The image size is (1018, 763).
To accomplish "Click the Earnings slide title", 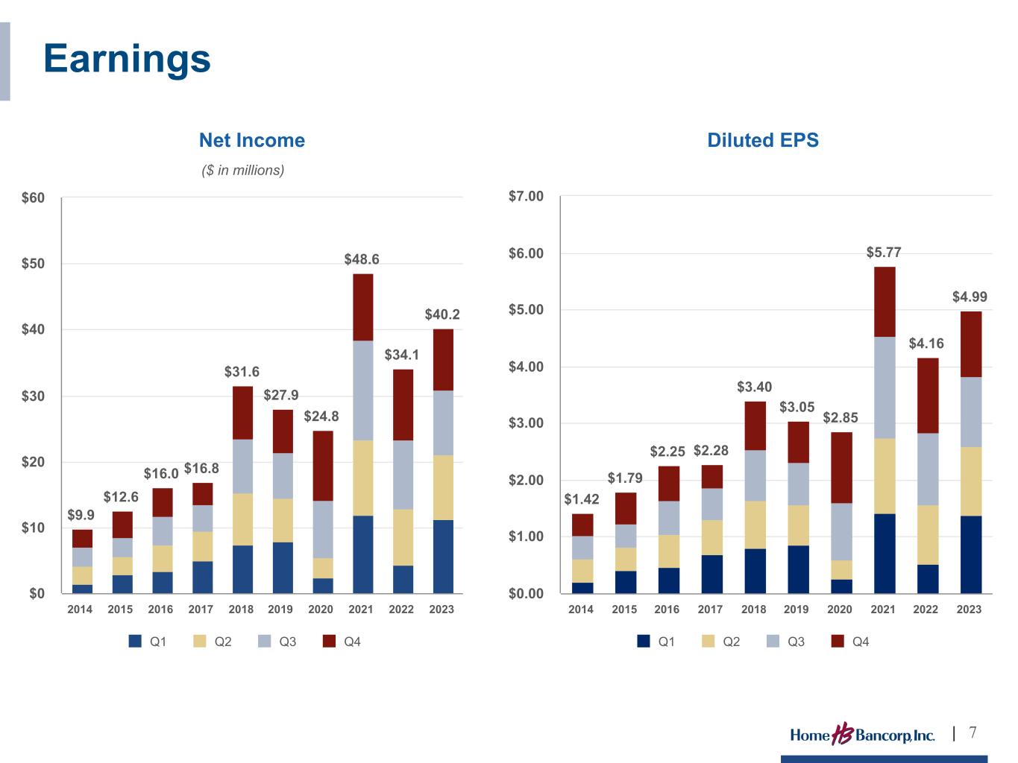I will coord(127,59).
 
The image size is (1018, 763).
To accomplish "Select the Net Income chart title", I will coord(251,140).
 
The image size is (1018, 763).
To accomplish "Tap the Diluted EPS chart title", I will coord(762,140).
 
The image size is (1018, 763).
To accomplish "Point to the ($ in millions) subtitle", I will coord(243,171).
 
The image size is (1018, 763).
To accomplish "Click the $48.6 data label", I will coord(362,259).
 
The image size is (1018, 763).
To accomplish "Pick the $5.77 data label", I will coord(884,253).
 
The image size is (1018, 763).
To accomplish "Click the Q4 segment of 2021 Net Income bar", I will coord(362,307).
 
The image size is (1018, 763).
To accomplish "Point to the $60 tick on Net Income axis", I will coord(34,198).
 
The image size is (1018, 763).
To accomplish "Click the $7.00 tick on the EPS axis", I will coord(526,197).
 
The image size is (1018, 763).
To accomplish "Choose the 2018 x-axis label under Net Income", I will coord(241,610).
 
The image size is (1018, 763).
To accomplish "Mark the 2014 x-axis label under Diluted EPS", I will coord(581,610).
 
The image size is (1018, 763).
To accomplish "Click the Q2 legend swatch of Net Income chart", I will coord(200,642).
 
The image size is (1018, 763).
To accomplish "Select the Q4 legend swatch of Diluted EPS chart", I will coord(838,642).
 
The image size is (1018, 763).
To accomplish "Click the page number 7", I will coord(973,732).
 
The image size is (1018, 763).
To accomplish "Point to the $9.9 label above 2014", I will coord(81,515).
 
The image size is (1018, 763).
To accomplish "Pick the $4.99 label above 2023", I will coord(970,297).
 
